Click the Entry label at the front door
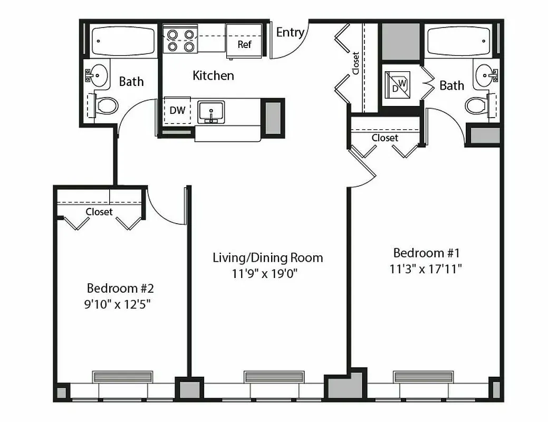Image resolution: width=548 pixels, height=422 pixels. click(x=290, y=33)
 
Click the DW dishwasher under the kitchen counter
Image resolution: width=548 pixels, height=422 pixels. click(x=177, y=111)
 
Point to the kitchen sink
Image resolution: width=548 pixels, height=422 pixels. click(x=211, y=112)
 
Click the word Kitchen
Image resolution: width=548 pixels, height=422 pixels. click(x=213, y=75)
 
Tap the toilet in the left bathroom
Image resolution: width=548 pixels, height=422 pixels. click(x=107, y=106)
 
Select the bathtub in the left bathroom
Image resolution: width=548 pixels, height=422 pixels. click(x=123, y=41)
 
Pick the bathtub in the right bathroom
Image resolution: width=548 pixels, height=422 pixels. click(x=458, y=41)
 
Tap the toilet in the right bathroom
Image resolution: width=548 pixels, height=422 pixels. click(x=476, y=104)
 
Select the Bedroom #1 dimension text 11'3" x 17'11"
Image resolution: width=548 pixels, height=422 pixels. click(x=426, y=268)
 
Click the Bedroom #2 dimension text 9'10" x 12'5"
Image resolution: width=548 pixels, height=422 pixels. click(x=120, y=304)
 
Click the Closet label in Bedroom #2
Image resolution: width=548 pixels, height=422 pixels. click(x=99, y=212)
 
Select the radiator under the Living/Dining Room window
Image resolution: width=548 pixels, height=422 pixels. click(x=274, y=377)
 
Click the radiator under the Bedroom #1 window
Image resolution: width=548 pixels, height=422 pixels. click(x=424, y=377)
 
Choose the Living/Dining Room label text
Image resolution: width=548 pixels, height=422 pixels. click(x=267, y=257)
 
